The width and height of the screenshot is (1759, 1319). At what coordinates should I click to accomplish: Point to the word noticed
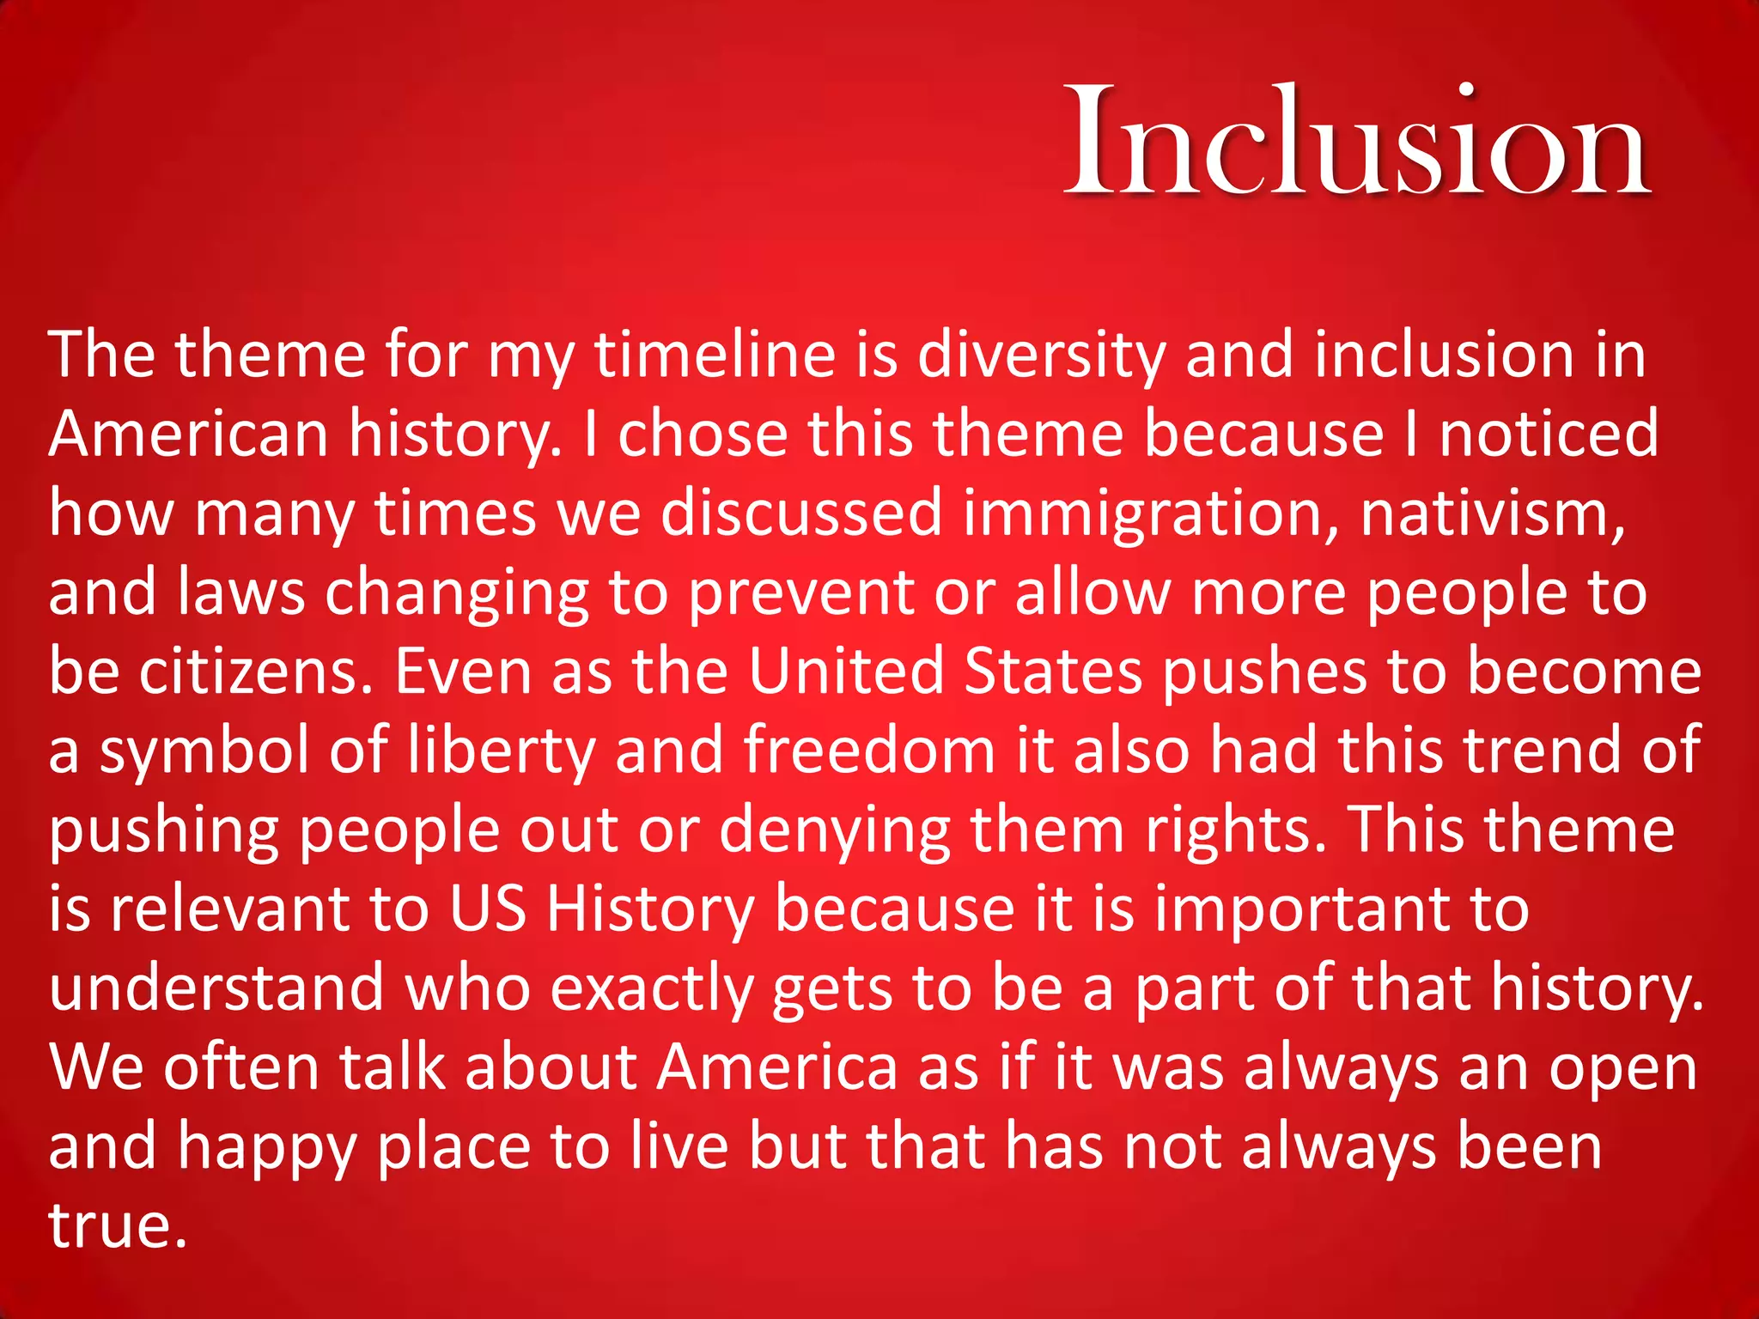1549,433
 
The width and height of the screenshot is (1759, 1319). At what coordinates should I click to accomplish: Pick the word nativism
1493,513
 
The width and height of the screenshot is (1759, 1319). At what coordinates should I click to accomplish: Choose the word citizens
255,672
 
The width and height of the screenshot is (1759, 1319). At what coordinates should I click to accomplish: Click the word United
846,672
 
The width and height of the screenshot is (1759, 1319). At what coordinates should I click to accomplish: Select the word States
1053,672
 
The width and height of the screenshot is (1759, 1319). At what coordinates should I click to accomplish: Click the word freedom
868,750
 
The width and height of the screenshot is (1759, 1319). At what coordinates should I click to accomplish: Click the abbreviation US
487,909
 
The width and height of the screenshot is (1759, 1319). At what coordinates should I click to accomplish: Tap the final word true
117,1226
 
